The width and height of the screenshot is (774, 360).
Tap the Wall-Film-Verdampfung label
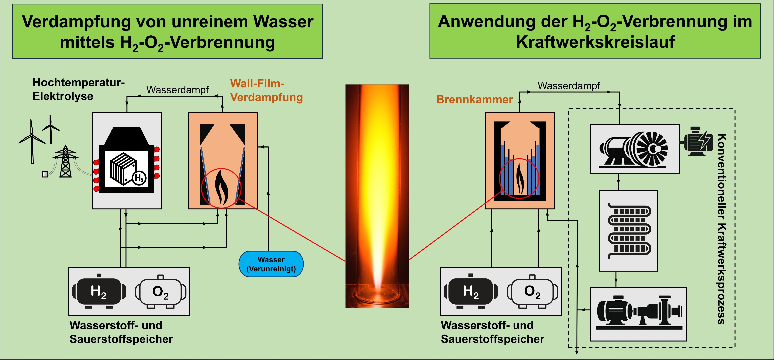tap(266, 91)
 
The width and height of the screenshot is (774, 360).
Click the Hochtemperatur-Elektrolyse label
tap(78, 89)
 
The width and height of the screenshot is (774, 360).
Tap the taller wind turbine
tap(32, 141)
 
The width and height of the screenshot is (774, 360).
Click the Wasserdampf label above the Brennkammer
tap(569, 86)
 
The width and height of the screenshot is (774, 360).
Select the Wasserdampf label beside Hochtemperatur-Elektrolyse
tap(177, 90)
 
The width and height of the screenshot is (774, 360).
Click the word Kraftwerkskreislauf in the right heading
tap(595, 42)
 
